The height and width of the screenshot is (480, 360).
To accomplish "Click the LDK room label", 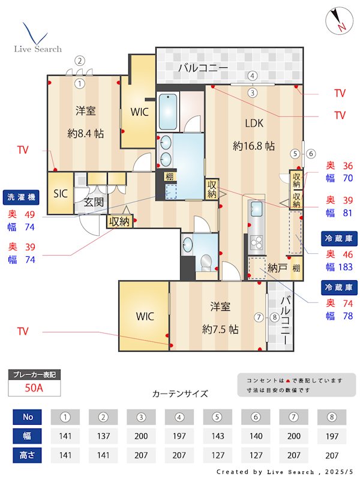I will pyautogui.click(x=254, y=124).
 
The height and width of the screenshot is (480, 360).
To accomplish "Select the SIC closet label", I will pyautogui.click(x=61, y=193).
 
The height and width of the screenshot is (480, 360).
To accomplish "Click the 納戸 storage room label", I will pyautogui.click(x=277, y=268).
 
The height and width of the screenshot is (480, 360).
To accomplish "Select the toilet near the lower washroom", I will pyautogui.click(x=206, y=262).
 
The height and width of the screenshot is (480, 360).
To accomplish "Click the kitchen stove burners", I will pyautogui.click(x=257, y=244).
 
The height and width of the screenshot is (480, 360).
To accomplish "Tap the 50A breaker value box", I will pyautogui.click(x=34, y=388).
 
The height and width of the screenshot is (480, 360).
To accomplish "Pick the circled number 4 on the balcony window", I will pyautogui.click(x=253, y=76).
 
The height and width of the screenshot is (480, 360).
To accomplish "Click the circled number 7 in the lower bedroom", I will pyautogui.click(x=259, y=317).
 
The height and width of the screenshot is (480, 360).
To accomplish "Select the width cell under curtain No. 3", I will pyautogui.click(x=140, y=436).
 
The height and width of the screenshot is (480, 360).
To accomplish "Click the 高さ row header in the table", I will pyautogui.click(x=28, y=455).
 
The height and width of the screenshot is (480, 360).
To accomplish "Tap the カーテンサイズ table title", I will pyautogui.click(x=180, y=394).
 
